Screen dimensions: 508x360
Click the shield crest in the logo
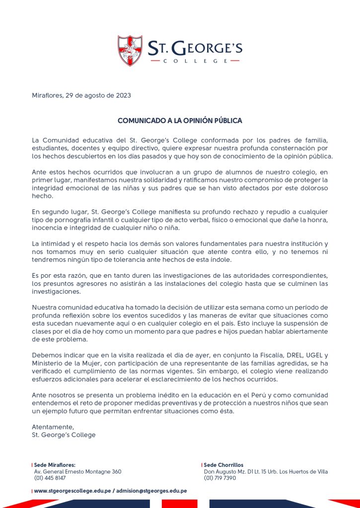coord(130,51)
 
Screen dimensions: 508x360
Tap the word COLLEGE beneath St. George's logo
coord(195,61)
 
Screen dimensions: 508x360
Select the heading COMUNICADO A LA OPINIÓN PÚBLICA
coord(180,121)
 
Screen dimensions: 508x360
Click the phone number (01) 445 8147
coord(50,478)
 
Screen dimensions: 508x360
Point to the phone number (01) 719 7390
coord(220,478)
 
